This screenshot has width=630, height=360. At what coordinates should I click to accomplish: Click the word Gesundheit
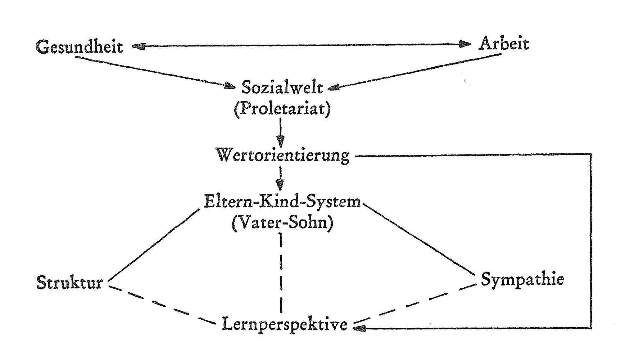[x=80, y=47]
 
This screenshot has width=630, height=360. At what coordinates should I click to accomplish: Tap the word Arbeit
[x=504, y=44]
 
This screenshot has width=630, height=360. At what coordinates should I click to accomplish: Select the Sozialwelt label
[x=282, y=87]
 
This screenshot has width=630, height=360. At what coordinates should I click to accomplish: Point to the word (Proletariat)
[x=282, y=109]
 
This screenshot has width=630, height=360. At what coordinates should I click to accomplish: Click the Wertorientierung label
[x=282, y=156]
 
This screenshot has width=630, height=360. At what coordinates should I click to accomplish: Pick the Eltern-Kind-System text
[x=282, y=202]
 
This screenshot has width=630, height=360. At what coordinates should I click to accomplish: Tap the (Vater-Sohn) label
[x=282, y=222]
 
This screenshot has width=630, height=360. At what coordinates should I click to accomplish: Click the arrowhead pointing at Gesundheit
[x=139, y=46]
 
